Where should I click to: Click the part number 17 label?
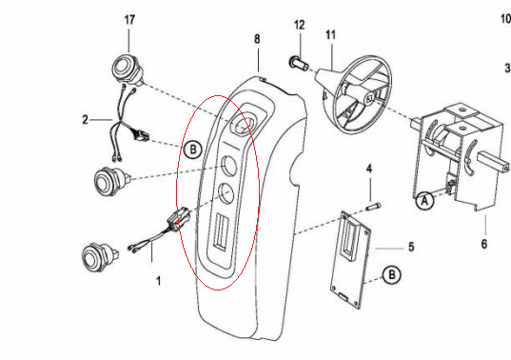(129, 20)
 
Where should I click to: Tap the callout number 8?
(257, 39)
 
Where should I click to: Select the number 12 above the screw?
(300, 25)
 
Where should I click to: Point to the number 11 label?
(330, 34)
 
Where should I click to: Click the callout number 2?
(85, 120)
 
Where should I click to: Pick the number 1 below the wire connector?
(159, 281)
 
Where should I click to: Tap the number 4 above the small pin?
(369, 169)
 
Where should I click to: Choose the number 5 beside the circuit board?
(411, 247)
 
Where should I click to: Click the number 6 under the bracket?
(484, 244)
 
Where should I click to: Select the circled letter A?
(424, 201)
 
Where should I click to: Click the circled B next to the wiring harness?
(193, 150)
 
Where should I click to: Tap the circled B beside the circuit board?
(392, 274)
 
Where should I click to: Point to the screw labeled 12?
(299, 62)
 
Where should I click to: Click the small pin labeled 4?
(373, 207)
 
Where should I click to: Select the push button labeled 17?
(128, 70)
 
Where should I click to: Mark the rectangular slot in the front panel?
(221, 232)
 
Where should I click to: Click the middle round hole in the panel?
(228, 165)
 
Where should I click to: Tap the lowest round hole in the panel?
(226, 193)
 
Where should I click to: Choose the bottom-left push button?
(99, 256)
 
